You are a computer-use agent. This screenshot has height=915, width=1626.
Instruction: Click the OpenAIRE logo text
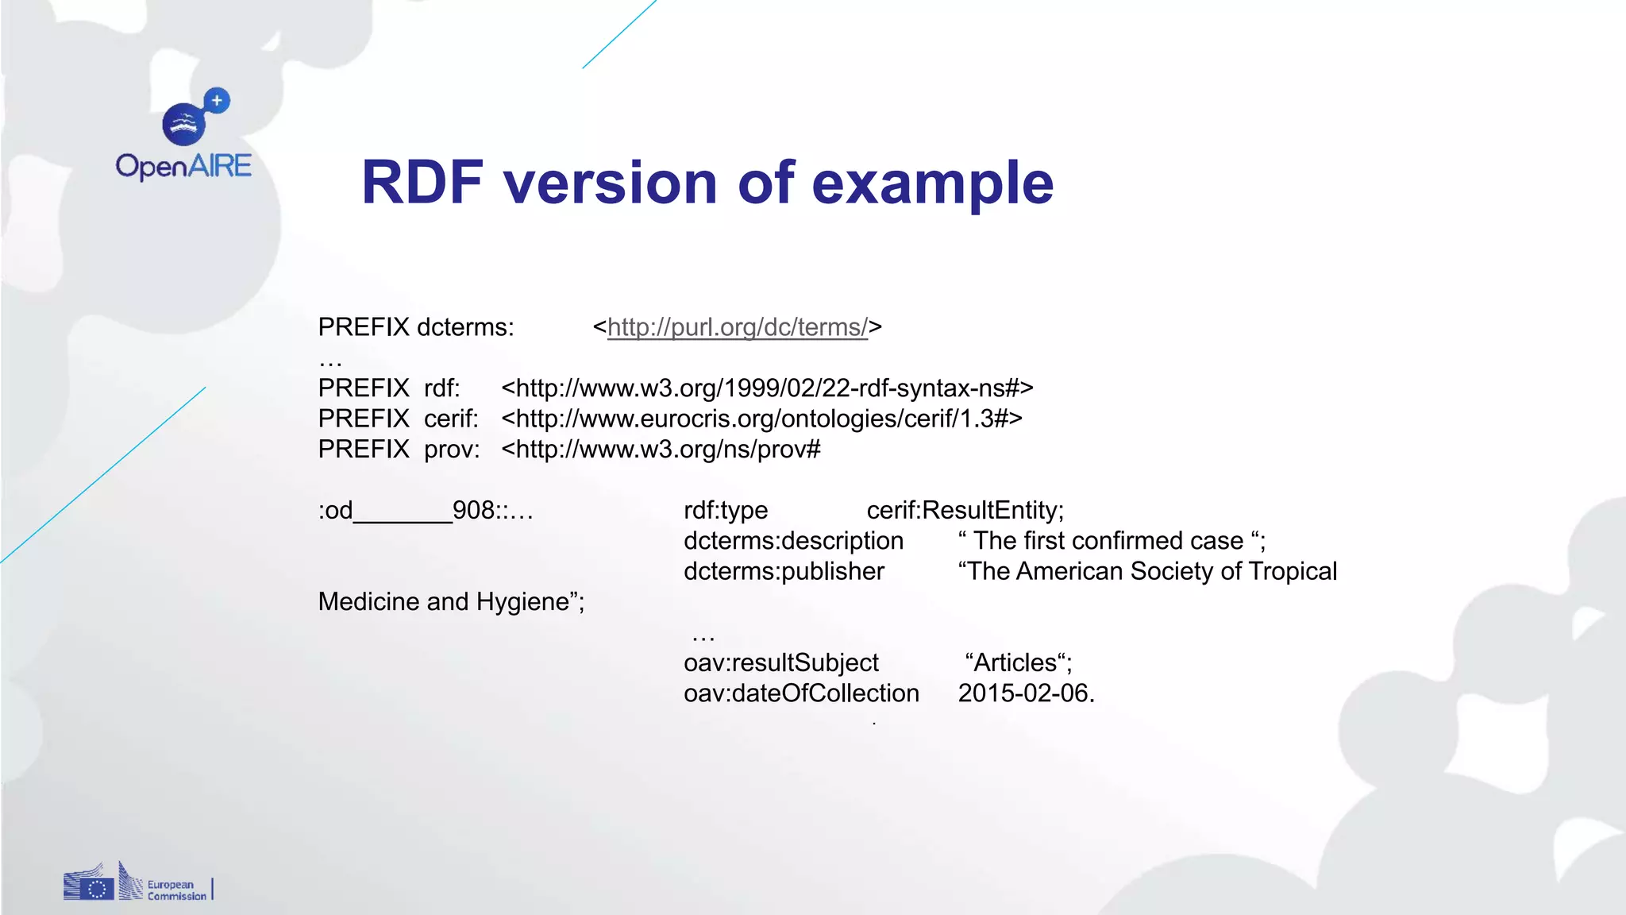pyautogui.click(x=183, y=166)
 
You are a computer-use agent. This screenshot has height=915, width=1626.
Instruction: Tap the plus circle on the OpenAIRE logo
pyautogui.click(x=217, y=101)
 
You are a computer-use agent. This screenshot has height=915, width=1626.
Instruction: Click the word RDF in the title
pyautogui.click(x=422, y=183)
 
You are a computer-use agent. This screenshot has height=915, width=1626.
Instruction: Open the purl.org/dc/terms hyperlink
pyautogui.click(x=738, y=327)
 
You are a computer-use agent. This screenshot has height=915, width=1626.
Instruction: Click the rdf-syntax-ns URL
pyautogui.click(x=767, y=388)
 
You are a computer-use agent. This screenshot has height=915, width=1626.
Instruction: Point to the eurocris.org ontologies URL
pyautogui.click(x=761, y=419)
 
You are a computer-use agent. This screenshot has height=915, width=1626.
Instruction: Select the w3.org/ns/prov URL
pyautogui.click(x=661, y=450)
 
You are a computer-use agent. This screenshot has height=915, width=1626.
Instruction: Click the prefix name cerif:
pyautogui.click(x=451, y=419)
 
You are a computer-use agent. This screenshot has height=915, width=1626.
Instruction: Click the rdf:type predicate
pyautogui.click(x=726, y=510)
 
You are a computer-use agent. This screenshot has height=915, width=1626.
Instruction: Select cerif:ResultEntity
pyautogui.click(x=965, y=510)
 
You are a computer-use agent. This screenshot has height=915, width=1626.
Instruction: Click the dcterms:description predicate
pyautogui.click(x=793, y=541)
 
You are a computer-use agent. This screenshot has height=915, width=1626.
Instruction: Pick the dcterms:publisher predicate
pyautogui.click(x=784, y=571)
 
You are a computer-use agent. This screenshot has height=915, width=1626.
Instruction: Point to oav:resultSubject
pyautogui.click(x=781, y=662)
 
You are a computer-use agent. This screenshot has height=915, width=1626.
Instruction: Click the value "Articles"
pyautogui.click(x=1018, y=662)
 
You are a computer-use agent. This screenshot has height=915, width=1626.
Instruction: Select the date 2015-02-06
pyautogui.click(x=1025, y=693)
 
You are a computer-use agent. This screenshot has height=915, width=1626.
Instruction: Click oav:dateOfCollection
pyautogui.click(x=801, y=693)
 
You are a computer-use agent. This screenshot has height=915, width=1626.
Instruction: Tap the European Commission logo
pyautogui.click(x=137, y=883)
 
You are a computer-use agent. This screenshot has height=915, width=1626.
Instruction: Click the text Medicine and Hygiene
pyautogui.click(x=450, y=602)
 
